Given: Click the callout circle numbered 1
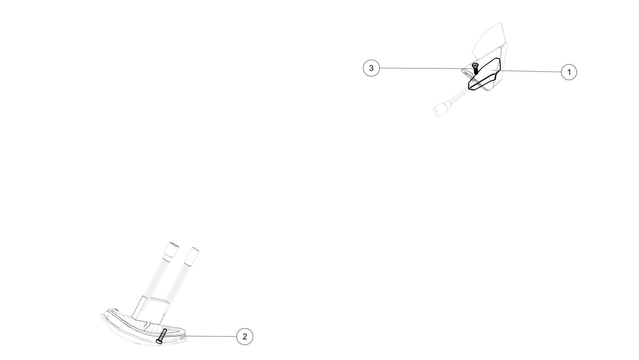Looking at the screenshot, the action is coord(569,72).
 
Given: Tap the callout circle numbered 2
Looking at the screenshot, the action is coord(245,336).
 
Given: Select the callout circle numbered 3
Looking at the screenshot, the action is coord(371,68).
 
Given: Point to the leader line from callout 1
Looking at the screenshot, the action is coord(531,71).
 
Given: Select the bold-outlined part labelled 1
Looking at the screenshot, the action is coord(484,74).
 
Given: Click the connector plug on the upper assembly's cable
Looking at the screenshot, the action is coord(440,109).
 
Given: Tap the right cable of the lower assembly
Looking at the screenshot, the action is coord(179,282).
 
